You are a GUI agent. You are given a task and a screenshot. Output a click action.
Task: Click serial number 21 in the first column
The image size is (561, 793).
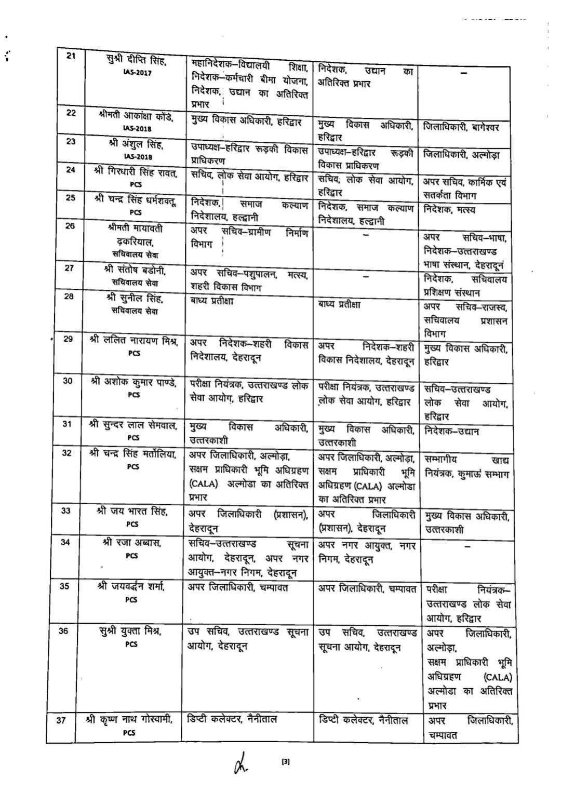(x=71, y=56)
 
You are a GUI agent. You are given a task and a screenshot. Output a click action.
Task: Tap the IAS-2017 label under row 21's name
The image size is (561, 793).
(x=137, y=73)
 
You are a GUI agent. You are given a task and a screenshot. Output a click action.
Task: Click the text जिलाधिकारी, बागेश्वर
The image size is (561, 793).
(x=461, y=126)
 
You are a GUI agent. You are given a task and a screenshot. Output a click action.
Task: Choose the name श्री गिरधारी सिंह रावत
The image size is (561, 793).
(x=136, y=171)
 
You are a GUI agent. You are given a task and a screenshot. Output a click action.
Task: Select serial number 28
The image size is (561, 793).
(x=69, y=297)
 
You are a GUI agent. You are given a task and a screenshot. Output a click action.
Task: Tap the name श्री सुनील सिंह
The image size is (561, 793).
(x=135, y=299)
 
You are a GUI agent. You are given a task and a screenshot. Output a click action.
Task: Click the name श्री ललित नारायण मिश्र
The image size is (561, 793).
(x=134, y=341)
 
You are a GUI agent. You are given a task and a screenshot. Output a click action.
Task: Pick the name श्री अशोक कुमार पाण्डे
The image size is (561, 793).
(x=133, y=382)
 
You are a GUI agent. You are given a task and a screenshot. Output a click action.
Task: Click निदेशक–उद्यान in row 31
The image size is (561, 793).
(x=451, y=431)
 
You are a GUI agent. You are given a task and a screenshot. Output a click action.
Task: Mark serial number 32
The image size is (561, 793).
(x=67, y=453)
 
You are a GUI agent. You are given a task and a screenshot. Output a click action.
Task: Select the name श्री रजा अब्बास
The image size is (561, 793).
(x=132, y=543)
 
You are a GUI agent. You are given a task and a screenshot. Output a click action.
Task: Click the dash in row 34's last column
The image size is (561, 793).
(x=468, y=547)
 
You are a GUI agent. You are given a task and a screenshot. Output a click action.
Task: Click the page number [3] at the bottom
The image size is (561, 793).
(x=285, y=762)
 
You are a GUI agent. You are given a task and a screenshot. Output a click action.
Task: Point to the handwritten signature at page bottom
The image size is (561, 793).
(x=240, y=764)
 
